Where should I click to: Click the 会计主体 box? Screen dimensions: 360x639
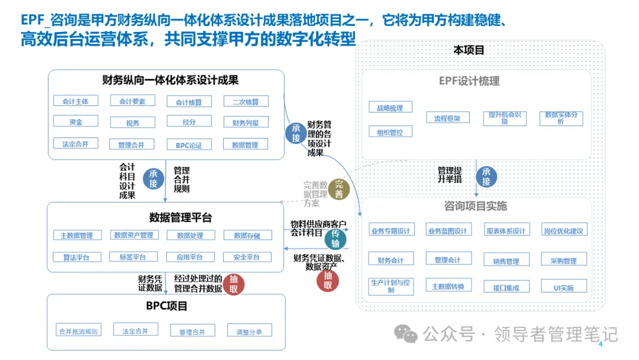[x=75, y=101]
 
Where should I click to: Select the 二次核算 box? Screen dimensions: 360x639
[x=246, y=102]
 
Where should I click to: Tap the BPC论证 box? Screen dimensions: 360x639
[x=189, y=144]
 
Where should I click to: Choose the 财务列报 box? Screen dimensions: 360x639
[x=246, y=123]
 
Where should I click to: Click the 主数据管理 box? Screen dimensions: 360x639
[x=76, y=235]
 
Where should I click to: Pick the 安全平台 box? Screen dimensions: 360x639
[x=246, y=257]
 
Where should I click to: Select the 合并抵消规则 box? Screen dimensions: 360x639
[x=78, y=331]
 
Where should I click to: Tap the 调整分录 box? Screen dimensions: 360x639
[x=249, y=331]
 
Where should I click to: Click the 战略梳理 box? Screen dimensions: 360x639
[x=390, y=108]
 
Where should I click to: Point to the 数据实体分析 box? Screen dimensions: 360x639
[x=561, y=118]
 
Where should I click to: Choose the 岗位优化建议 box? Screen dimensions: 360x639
[x=564, y=230]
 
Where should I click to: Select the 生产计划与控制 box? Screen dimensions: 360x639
[x=390, y=286]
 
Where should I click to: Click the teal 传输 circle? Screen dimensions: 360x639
[x=335, y=239]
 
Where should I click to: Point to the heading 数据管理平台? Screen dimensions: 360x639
[x=180, y=217]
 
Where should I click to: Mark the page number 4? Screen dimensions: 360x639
[x=601, y=345]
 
